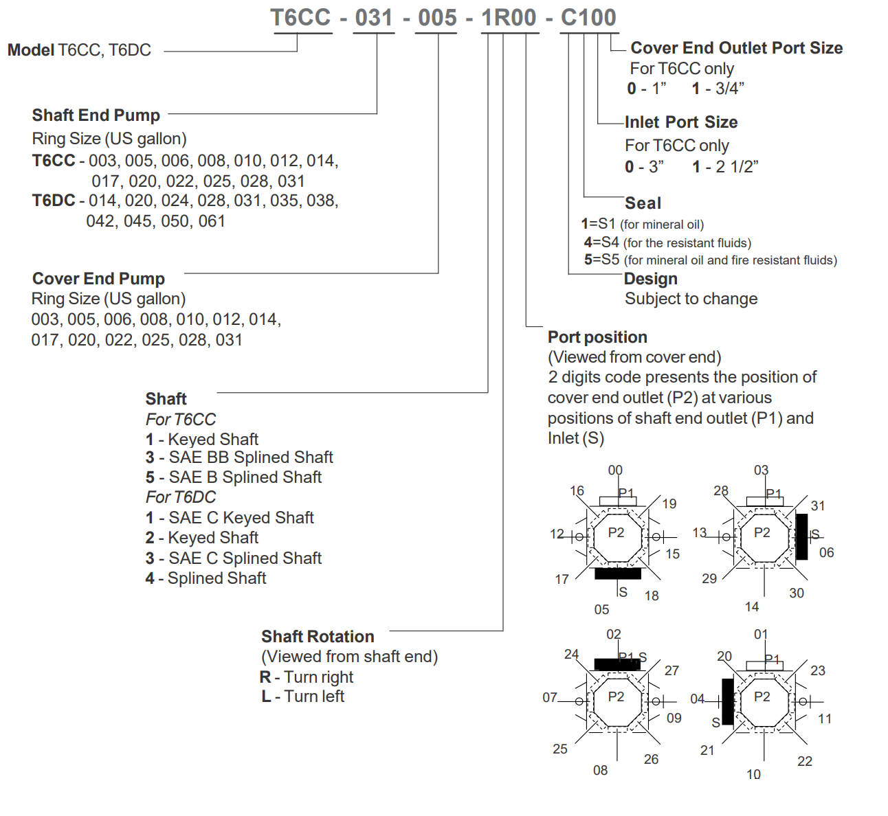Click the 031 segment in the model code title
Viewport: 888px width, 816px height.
[375, 18]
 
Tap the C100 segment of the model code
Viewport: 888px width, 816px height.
[588, 18]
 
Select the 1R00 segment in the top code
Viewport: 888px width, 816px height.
[509, 18]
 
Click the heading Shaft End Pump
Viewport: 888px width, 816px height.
[96, 115]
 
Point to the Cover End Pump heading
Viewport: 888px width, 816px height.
[98, 279]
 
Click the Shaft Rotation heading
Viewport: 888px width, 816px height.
[318, 637]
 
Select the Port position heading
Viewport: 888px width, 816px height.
[597, 337]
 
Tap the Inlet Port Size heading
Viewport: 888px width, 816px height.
[681, 122]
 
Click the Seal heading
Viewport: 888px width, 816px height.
[643, 203]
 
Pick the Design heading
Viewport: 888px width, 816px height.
[650, 279]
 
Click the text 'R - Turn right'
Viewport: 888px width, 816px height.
[307, 677]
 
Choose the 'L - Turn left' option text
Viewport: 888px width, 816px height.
[302, 696]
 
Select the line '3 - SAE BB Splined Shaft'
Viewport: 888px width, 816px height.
[239, 457]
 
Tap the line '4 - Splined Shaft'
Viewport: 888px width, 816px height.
[206, 578]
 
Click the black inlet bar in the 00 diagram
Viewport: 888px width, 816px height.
[617, 574]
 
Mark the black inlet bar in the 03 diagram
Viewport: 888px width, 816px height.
[801, 536]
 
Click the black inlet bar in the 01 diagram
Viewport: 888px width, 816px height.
[727, 701]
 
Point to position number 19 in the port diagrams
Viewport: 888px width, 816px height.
[669, 504]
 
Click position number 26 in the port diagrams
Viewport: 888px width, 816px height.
[651, 759]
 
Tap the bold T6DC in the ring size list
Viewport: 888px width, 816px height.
[54, 201]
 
